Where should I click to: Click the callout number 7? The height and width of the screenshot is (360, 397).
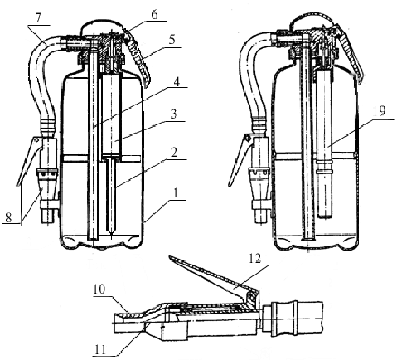click(38, 18)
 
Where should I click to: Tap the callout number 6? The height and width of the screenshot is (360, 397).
click(154, 15)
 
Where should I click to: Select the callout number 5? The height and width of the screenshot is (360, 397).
click(172, 40)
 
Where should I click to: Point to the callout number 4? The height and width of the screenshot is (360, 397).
click(177, 82)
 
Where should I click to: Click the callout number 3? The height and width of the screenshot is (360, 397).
click(173, 114)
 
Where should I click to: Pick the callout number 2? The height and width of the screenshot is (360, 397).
click(174, 153)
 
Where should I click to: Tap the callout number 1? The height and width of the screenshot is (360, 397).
click(175, 194)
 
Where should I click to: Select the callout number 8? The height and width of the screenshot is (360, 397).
click(8, 217)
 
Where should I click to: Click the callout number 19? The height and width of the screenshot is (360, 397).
click(381, 111)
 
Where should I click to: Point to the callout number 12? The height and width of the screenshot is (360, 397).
click(254, 259)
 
